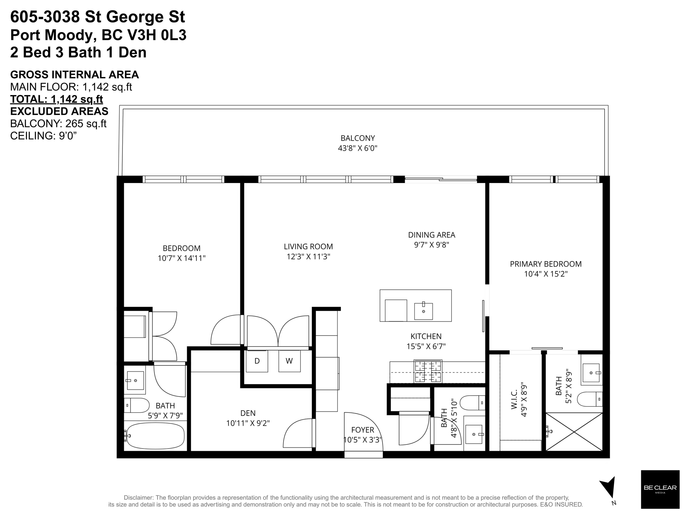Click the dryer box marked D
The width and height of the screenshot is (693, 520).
point(257,361)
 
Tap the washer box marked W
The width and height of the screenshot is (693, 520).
point(289,361)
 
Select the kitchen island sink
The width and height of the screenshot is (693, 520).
point(423,311)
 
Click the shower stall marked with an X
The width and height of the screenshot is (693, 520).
point(574,432)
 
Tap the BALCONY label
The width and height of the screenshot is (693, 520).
point(357,138)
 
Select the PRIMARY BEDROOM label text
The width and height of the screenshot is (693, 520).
point(545,264)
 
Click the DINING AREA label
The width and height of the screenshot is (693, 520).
point(432,235)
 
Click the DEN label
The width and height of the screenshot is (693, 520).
point(248,413)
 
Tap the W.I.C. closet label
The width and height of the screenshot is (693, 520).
point(514,399)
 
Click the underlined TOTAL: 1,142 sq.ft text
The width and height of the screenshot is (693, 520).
point(56,99)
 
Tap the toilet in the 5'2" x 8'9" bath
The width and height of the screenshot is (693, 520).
point(589,399)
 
